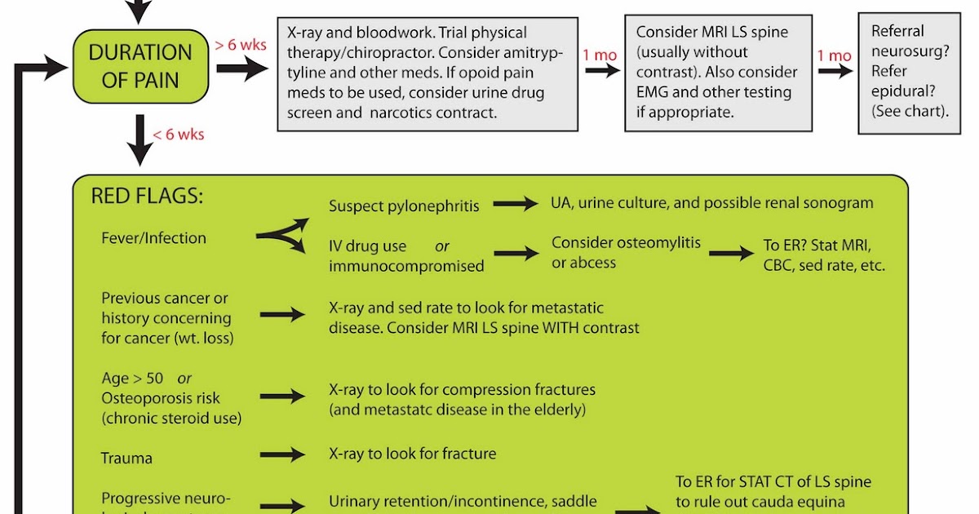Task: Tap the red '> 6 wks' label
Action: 241,45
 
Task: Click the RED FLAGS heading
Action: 147,197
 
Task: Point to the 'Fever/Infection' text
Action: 153,238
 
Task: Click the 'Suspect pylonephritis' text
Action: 404,206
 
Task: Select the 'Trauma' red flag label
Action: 126,459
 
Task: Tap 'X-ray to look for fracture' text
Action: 412,453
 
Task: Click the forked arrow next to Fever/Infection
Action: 282,236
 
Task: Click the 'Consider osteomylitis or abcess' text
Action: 626,253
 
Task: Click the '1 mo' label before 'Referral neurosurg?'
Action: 835,56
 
